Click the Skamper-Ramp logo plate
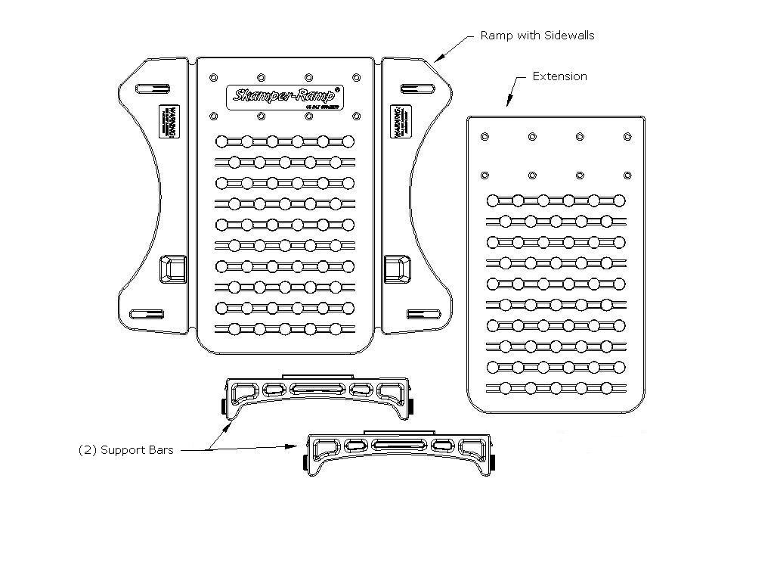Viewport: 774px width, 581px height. pyautogui.click(x=285, y=96)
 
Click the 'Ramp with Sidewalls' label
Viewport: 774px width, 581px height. pyautogui.click(x=537, y=36)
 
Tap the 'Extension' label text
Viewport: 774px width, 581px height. pyautogui.click(x=559, y=76)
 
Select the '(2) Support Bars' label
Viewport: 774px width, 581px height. pyautogui.click(x=126, y=450)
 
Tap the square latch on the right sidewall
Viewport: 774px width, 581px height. pyautogui.click(x=397, y=269)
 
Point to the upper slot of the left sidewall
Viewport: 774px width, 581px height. pyautogui.click(x=148, y=89)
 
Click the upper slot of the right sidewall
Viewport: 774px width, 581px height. pyautogui.click(x=415, y=89)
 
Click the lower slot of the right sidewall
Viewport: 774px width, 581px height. pyautogui.click(x=423, y=314)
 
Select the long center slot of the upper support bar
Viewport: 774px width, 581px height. pyautogui.click(x=316, y=390)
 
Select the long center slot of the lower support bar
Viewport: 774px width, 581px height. pyautogui.click(x=396, y=446)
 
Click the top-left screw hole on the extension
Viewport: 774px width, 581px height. pyautogui.click(x=485, y=136)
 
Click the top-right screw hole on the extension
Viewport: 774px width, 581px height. pyautogui.click(x=627, y=136)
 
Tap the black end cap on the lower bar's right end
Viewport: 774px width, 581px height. pyautogui.click(x=493, y=461)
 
